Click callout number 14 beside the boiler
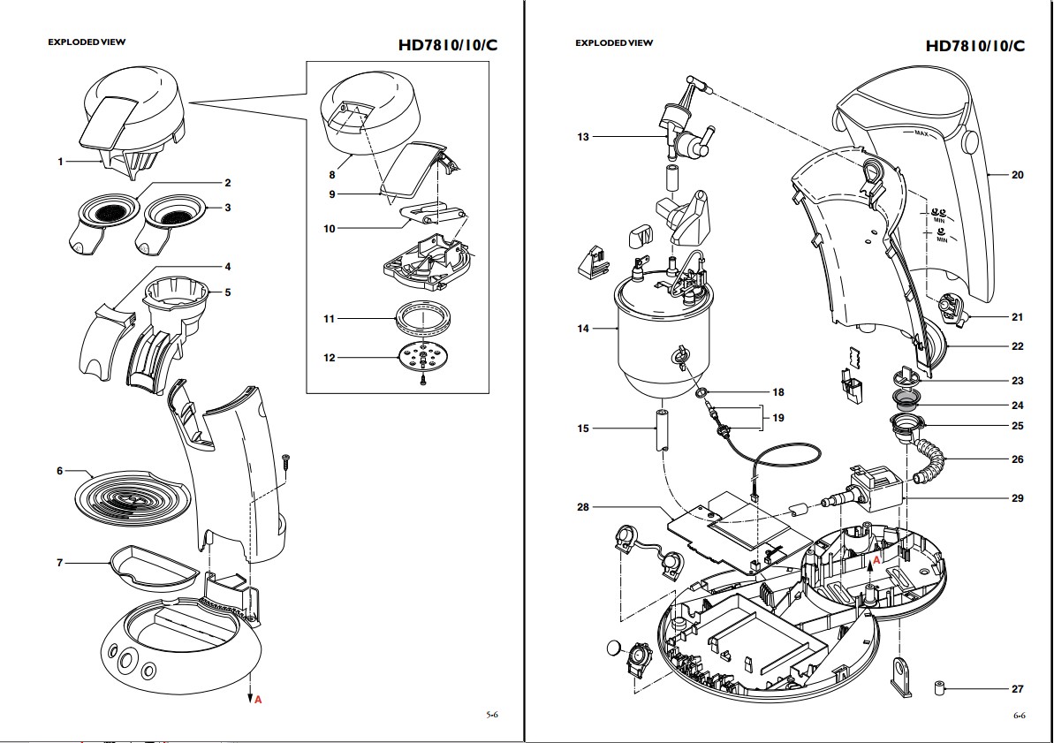[x=583, y=329]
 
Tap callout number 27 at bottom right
[x=1017, y=689]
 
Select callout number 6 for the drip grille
[x=60, y=471]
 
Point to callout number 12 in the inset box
[x=330, y=358]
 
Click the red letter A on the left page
[x=258, y=700]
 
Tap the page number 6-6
[x=1019, y=716]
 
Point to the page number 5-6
[x=492, y=716]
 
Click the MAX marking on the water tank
[x=920, y=133]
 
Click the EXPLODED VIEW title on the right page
[x=614, y=42]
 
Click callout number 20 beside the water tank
[x=1017, y=175]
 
